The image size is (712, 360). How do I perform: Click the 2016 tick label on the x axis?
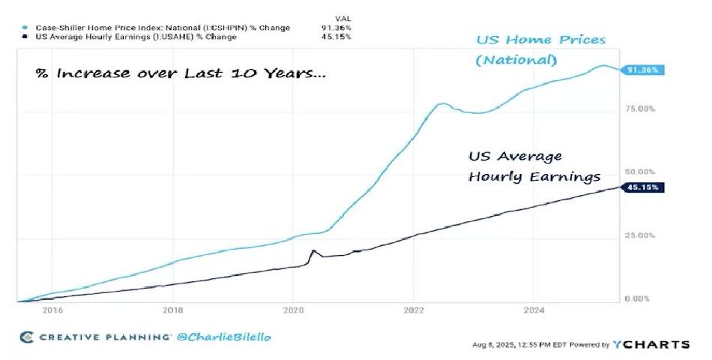coord(52,309)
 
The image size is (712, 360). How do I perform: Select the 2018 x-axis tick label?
coord(173,309)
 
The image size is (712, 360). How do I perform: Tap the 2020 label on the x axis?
coord(293,309)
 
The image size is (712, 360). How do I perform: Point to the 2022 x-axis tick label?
coord(414,309)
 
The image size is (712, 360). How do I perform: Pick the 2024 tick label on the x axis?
coord(534,309)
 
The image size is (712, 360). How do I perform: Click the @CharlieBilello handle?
coord(224,337)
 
